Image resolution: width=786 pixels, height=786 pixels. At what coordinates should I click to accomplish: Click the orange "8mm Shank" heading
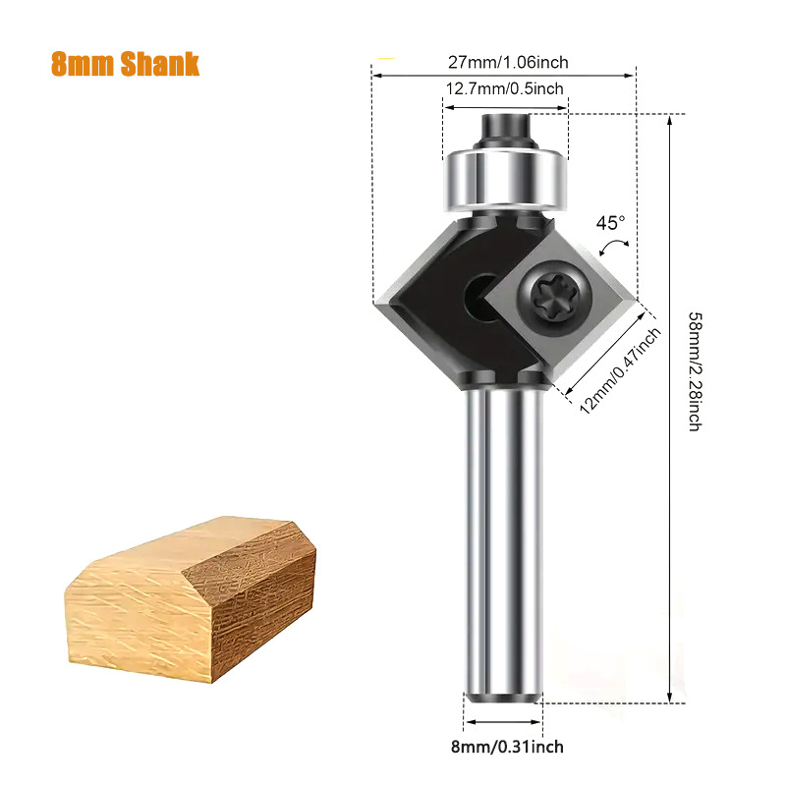tap(124, 64)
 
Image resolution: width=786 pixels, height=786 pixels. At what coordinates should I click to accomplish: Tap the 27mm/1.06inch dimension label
tap(508, 63)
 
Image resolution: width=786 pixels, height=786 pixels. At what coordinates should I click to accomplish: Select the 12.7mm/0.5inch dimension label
tap(505, 89)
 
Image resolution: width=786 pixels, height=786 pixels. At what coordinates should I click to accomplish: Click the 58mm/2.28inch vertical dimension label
tap(694, 372)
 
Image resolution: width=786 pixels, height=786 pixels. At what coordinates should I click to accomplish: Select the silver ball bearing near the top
tap(502, 180)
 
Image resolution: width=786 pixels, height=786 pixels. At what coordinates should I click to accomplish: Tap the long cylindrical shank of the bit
tap(502, 540)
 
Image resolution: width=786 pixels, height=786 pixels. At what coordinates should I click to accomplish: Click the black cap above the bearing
tap(502, 128)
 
